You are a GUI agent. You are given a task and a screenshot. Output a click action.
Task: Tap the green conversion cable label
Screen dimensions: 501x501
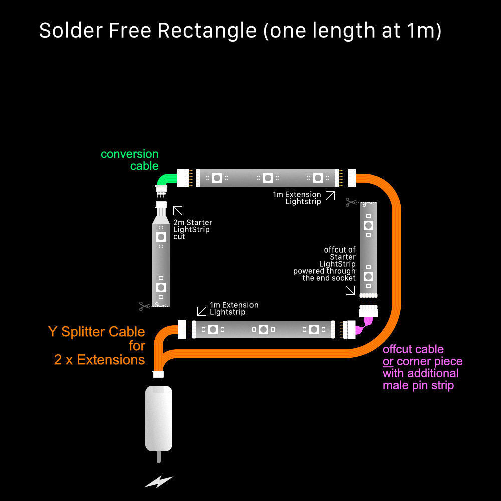pyautogui.click(x=129, y=160)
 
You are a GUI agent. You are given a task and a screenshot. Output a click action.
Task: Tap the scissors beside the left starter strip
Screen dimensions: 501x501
pyautogui.click(x=145, y=305)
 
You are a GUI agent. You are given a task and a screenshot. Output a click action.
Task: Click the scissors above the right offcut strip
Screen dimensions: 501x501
pyautogui.click(x=351, y=202)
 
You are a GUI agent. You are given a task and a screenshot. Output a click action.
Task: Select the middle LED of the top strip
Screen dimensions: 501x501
pyautogui.click(x=268, y=178)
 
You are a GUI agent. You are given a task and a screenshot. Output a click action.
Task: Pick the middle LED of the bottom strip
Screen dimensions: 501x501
pyautogui.click(x=263, y=329)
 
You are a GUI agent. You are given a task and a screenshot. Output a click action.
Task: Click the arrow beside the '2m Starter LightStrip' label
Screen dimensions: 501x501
pyautogui.click(x=178, y=211)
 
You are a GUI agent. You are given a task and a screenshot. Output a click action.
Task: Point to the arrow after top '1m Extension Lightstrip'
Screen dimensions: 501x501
pyautogui.click(x=330, y=196)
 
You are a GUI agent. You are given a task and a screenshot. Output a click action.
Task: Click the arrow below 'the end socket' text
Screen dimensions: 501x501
pyautogui.click(x=350, y=290)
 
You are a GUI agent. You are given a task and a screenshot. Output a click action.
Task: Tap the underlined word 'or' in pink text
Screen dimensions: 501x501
pyautogui.click(x=388, y=361)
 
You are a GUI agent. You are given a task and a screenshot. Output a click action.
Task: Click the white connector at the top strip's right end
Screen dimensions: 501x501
pyautogui.click(x=352, y=176)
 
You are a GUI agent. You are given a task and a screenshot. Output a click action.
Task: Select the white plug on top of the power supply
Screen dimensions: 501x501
pyautogui.click(x=159, y=374)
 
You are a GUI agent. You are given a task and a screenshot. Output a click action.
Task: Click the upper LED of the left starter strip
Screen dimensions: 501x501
pyautogui.click(x=161, y=236)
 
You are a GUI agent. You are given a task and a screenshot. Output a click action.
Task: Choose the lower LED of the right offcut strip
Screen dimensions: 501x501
pyautogui.click(x=368, y=276)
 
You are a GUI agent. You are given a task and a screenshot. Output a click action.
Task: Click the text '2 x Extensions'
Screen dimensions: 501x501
pyautogui.click(x=99, y=360)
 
